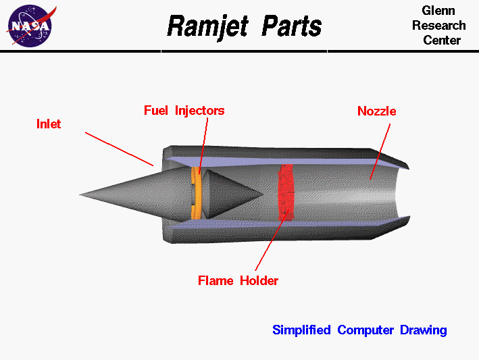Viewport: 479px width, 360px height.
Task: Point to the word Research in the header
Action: coord(439,26)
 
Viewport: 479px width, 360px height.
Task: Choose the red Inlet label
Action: coord(49,124)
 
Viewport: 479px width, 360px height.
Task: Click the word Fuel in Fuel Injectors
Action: coord(156,110)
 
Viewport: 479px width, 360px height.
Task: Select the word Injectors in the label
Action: coord(200,110)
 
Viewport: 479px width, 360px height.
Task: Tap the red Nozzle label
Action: coord(376,111)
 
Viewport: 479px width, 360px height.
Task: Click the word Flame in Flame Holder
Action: coord(216,280)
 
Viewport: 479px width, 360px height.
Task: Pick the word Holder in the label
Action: coord(259,280)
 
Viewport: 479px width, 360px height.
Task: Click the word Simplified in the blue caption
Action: coord(301,330)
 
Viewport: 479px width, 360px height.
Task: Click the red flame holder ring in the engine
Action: coord(287,192)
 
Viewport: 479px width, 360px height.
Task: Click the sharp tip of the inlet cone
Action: coord(81,196)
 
